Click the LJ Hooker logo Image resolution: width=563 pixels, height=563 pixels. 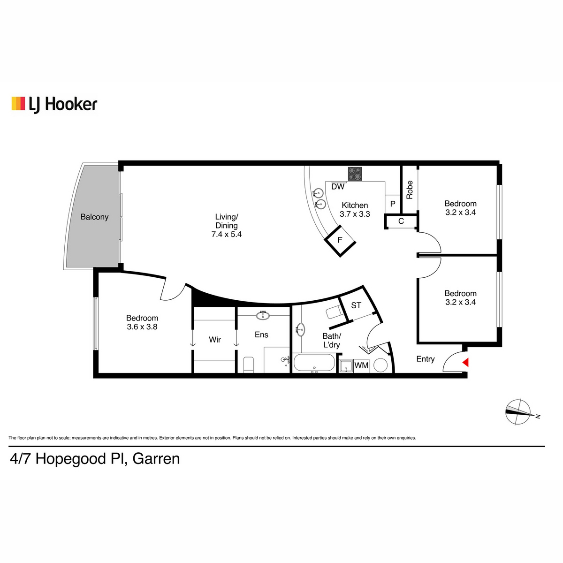tap(54, 104)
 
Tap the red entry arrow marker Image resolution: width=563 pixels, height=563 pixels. tap(466, 362)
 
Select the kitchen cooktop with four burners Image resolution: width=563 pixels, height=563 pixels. tap(355, 174)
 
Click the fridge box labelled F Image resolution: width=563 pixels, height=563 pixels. tap(340, 241)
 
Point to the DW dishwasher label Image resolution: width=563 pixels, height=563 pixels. tap(338, 186)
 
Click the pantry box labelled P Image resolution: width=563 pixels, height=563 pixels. tap(393, 204)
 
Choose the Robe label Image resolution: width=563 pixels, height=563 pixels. tap(409, 190)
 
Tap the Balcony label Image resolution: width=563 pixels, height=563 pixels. tap(94, 217)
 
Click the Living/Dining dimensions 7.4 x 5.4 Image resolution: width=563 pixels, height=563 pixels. tap(227, 234)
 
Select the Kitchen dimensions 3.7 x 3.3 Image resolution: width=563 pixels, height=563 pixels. tap(355, 214)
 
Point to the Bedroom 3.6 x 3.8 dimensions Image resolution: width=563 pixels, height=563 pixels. tap(142, 327)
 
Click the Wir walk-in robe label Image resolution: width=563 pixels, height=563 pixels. tap(215, 340)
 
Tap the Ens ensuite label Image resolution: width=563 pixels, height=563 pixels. tap(261, 335)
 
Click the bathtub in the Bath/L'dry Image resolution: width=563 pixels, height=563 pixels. tap(314, 363)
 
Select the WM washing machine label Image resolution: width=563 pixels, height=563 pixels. tap(361, 365)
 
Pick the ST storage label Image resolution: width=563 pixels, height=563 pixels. tap(356, 305)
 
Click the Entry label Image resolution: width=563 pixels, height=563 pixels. tap(426, 359)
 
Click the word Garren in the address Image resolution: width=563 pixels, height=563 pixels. tap(156, 459)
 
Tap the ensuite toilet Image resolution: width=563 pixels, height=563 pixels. tap(249, 365)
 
